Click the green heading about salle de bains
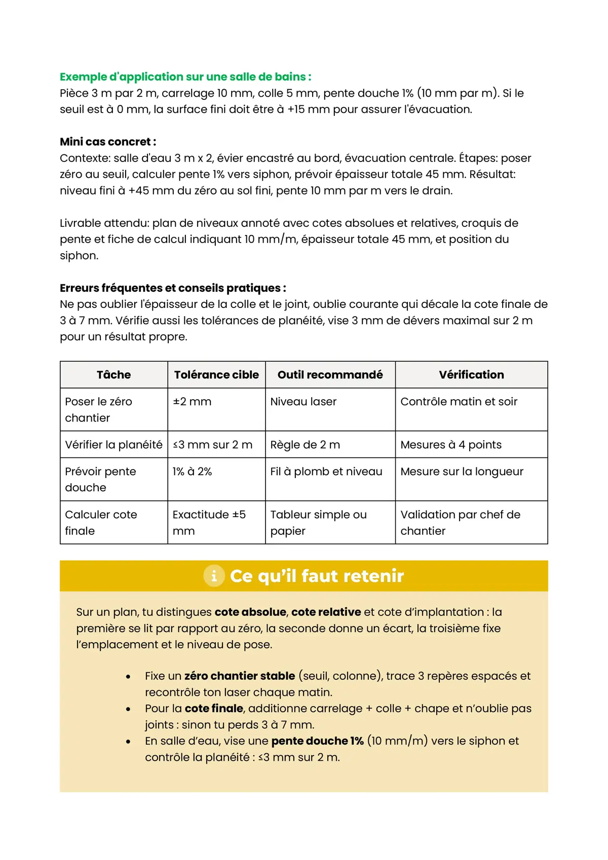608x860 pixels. [x=185, y=77]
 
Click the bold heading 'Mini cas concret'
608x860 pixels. [x=108, y=142]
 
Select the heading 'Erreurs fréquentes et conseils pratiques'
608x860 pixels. [x=173, y=288]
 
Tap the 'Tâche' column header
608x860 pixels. [x=113, y=375]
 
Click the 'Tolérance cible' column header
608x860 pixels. [x=216, y=375]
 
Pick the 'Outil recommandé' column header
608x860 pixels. [x=330, y=375]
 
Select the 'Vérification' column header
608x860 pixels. [x=471, y=375]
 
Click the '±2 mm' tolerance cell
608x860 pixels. [x=192, y=402]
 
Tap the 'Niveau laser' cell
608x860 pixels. [x=303, y=402]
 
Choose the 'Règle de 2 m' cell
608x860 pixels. [x=305, y=445]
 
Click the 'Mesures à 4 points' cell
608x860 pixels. [x=451, y=445]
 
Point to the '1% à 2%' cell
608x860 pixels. [x=192, y=472]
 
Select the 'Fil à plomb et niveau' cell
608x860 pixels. [x=326, y=472]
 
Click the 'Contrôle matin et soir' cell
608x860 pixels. [x=459, y=402]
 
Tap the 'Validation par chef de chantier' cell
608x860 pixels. [x=460, y=522]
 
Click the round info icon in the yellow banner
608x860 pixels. [x=214, y=576]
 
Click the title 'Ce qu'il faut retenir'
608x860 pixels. [x=317, y=576]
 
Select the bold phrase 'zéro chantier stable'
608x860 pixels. [x=240, y=676]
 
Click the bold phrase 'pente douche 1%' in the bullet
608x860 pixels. [x=317, y=741]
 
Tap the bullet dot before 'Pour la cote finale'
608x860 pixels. [x=128, y=709]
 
